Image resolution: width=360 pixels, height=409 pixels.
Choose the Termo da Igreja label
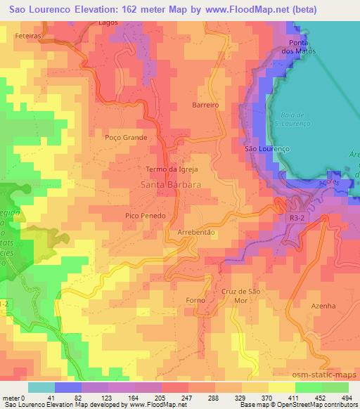(x=172, y=170)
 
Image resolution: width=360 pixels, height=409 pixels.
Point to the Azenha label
(x=324, y=306)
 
